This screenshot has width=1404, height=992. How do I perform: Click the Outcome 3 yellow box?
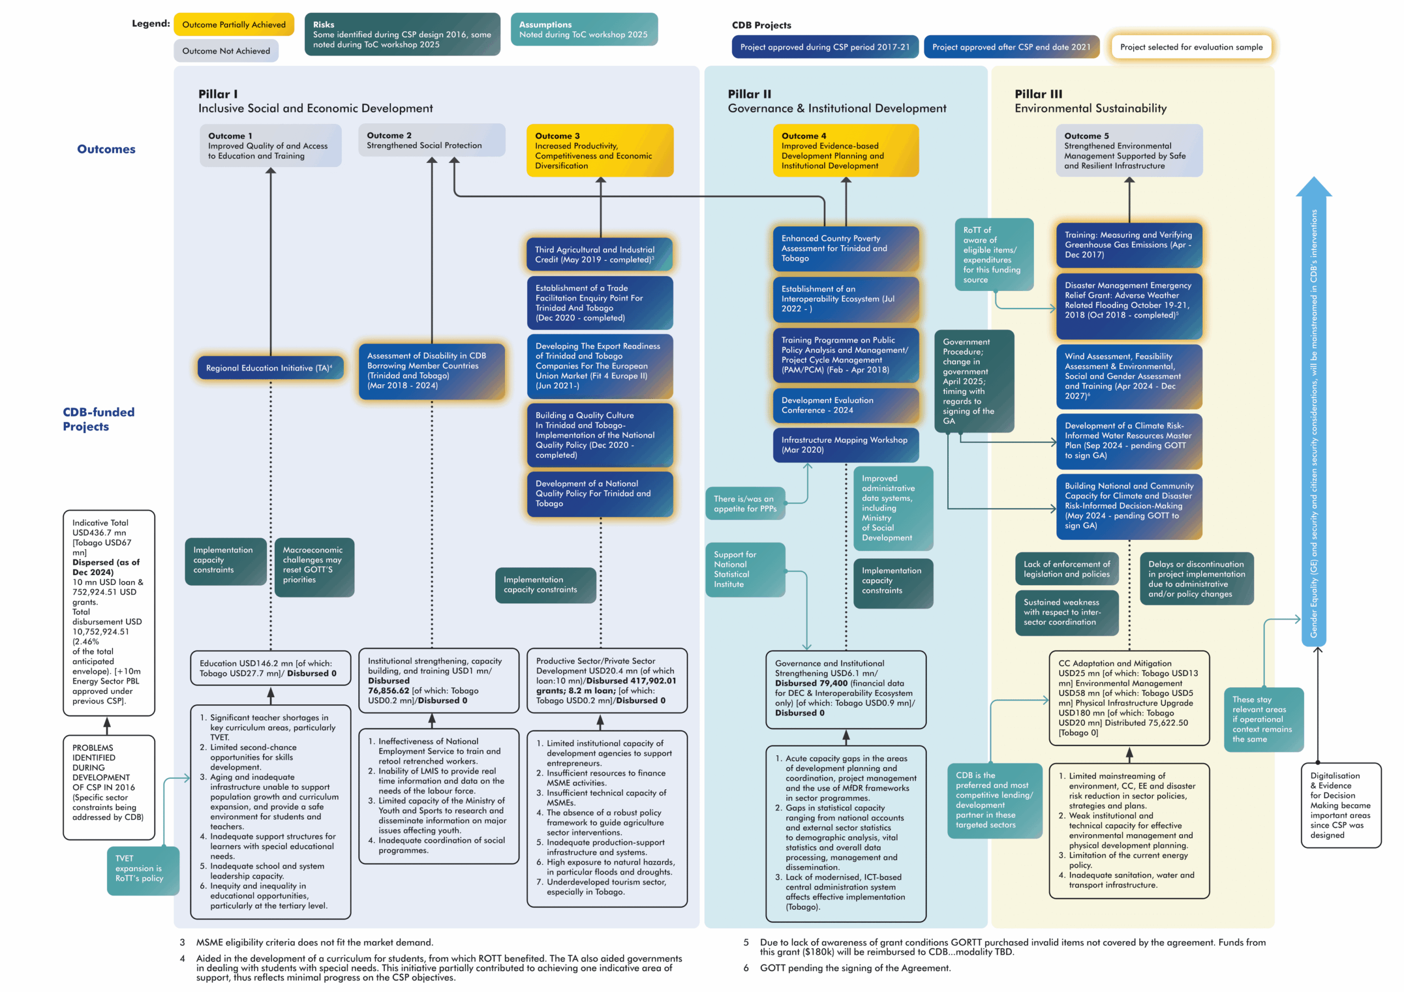(x=599, y=150)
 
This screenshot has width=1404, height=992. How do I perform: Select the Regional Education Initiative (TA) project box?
(x=270, y=367)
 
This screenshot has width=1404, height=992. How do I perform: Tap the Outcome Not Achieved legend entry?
(x=225, y=51)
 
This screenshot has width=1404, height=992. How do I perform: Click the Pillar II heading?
(x=749, y=94)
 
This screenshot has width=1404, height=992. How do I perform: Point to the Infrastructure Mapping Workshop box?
(x=845, y=444)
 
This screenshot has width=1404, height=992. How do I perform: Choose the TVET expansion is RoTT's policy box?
(x=142, y=869)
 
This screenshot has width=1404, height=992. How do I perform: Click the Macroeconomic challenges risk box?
(x=314, y=566)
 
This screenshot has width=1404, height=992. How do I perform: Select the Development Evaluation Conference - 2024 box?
(x=845, y=404)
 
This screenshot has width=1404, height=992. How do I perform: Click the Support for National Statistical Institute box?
(x=744, y=569)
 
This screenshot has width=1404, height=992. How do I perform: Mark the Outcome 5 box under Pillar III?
(x=1128, y=150)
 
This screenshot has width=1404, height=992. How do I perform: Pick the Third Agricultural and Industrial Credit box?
(x=599, y=254)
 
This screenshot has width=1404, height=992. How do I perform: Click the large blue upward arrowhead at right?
(x=1313, y=186)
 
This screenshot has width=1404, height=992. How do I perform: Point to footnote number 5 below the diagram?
(x=745, y=942)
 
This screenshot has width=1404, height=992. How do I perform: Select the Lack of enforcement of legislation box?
(x=1067, y=568)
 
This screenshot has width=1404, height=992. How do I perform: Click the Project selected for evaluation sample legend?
(x=1191, y=47)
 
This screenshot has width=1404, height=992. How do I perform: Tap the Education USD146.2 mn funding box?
(x=270, y=668)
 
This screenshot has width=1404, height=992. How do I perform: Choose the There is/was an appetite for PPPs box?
(x=745, y=503)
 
